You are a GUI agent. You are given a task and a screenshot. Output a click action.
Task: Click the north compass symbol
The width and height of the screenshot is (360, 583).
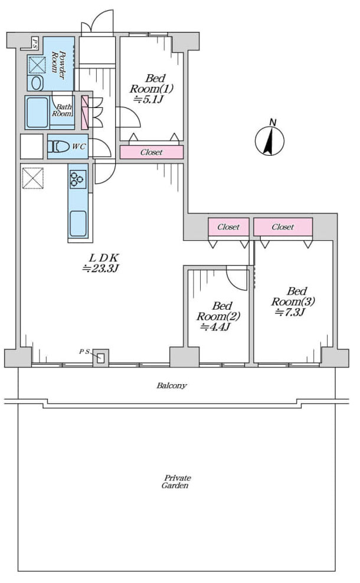tap(270, 140)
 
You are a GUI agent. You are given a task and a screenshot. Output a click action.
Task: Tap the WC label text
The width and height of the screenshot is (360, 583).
tap(78, 146)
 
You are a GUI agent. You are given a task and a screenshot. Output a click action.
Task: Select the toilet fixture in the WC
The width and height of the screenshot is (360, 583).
tap(59, 146)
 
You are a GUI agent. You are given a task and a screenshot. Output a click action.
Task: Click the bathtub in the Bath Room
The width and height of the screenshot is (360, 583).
tap(37, 112)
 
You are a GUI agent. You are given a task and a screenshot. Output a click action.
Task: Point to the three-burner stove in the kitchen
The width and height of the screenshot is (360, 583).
tap(78, 178)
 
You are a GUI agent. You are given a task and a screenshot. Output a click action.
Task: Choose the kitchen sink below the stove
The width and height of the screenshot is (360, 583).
tap(78, 224)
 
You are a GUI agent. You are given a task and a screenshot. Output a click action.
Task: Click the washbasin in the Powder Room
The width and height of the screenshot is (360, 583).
tap(37, 83)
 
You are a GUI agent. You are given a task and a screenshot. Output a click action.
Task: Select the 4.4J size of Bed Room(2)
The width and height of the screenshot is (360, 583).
tap(215, 327)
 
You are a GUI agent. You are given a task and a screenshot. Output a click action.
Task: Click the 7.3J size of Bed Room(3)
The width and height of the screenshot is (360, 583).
tap(290, 312)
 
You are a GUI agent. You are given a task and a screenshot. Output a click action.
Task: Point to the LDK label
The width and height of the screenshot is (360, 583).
tap(104, 257)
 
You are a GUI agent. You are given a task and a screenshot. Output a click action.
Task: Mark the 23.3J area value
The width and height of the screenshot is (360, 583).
tap(100, 268)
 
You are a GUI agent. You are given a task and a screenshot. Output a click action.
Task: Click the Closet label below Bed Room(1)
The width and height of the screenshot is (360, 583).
tap(151, 152)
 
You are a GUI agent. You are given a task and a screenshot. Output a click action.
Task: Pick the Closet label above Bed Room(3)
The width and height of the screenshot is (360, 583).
tap(283, 227)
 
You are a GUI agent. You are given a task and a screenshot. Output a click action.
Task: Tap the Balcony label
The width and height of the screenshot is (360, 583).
tap(172, 385)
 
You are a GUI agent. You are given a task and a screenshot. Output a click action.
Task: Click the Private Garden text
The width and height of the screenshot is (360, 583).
tap(175, 482)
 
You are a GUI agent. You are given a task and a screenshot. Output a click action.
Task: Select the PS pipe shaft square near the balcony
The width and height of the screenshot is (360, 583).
tap(100, 358)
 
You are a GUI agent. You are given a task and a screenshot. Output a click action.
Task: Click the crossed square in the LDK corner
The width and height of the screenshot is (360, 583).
tap(32, 178)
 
